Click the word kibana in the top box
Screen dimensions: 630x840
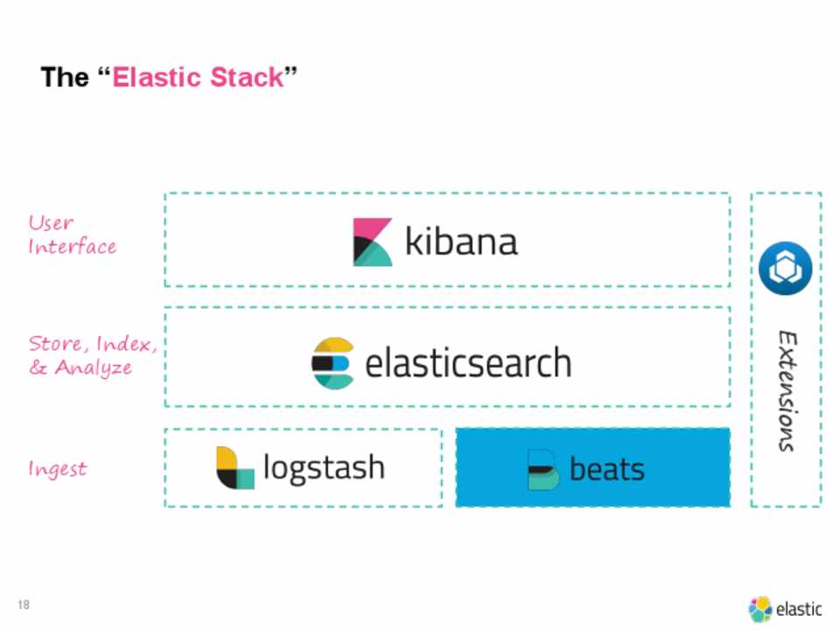click(x=461, y=241)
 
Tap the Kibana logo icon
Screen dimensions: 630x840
click(x=373, y=242)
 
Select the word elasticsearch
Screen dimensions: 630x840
click(x=467, y=362)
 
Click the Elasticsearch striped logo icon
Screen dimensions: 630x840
click(x=333, y=362)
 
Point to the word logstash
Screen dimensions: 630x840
click(x=324, y=467)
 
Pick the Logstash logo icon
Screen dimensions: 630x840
click(x=234, y=468)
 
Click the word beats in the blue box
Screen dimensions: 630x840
click(x=606, y=469)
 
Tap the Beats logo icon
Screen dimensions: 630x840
click(x=542, y=469)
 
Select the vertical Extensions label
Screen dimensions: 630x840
click(x=787, y=390)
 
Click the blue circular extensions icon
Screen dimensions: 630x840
click(x=786, y=269)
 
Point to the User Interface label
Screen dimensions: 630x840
click(x=72, y=234)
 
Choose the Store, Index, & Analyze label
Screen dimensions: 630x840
click(x=92, y=355)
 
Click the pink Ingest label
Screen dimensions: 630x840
click(x=58, y=469)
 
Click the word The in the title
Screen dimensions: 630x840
click(x=64, y=77)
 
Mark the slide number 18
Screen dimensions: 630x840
click(x=24, y=605)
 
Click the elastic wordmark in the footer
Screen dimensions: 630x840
click(x=799, y=609)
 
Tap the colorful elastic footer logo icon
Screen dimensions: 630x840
click(x=760, y=609)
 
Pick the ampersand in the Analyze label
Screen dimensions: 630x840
click(x=38, y=367)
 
